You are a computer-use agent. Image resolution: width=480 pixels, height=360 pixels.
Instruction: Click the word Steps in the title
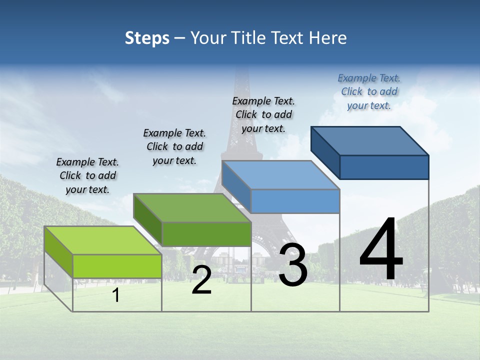click(x=147, y=38)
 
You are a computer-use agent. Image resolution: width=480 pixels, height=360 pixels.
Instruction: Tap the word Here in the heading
click(x=328, y=38)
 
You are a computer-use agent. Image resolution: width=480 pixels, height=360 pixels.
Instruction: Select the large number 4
click(x=381, y=250)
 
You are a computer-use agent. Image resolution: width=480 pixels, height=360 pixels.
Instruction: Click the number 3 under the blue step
click(x=293, y=265)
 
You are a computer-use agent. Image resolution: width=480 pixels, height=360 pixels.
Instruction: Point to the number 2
click(x=201, y=280)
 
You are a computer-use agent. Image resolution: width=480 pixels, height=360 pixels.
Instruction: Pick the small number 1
click(x=115, y=295)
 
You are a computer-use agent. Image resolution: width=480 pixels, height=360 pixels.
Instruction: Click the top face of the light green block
click(x=103, y=240)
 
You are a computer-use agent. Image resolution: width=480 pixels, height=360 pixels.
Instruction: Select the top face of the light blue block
click(x=280, y=175)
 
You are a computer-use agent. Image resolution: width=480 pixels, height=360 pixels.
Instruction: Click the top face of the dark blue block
click(x=370, y=140)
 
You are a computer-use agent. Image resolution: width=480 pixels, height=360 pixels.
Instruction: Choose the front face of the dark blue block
click(x=384, y=167)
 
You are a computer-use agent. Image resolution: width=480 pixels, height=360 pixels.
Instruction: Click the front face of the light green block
click(x=117, y=266)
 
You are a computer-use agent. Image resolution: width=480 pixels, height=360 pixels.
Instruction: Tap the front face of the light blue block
click(x=295, y=201)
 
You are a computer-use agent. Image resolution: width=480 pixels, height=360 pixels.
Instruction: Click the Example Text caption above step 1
click(x=87, y=175)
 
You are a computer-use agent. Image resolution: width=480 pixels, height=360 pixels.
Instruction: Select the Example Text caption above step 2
click(x=174, y=146)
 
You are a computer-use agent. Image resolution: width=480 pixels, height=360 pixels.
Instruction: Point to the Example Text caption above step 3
click(x=263, y=114)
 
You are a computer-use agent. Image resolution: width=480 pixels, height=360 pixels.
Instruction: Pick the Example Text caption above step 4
click(x=369, y=91)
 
